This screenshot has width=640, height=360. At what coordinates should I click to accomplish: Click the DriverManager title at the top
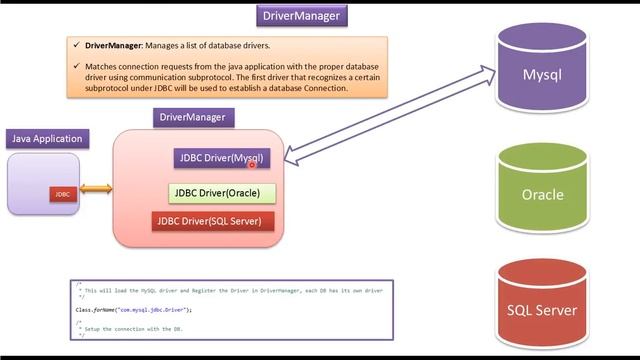click(x=301, y=16)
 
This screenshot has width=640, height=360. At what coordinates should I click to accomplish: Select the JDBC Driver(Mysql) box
click(x=221, y=158)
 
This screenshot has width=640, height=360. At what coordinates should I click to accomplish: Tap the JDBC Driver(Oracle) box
click(x=221, y=192)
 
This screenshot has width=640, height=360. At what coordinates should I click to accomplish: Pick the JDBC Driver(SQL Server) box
click(x=213, y=220)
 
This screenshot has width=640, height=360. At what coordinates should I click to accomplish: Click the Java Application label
click(x=47, y=139)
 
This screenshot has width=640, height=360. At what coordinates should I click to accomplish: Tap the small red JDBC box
click(x=62, y=194)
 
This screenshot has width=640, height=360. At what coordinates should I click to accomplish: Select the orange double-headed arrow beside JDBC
click(x=96, y=188)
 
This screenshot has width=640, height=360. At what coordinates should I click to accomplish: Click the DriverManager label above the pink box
click(x=193, y=118)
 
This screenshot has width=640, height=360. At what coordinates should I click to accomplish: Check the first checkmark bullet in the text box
click(x=77, y=45)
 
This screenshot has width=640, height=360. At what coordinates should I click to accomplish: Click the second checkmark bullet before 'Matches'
click(x=77, y=66)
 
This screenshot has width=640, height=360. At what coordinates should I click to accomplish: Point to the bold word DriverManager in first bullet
click(x=114, y=45)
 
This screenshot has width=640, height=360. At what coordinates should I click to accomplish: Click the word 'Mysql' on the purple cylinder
click(x=542, y=75)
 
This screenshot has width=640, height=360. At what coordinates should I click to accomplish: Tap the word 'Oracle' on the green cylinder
click(x=542, y=195)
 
